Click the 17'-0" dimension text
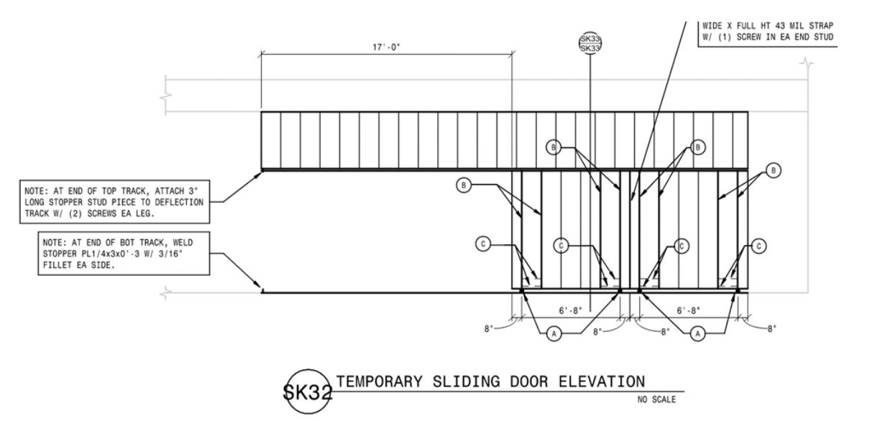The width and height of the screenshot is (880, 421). click(386, 47)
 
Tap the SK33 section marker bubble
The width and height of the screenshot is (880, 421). click(590, 43)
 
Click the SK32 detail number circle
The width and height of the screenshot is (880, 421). click(308, 391)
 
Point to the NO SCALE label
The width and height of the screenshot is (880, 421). click(656, 399)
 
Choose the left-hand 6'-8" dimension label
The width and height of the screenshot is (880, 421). click(570, 310)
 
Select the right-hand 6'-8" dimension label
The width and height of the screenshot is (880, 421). click(688, 310)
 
